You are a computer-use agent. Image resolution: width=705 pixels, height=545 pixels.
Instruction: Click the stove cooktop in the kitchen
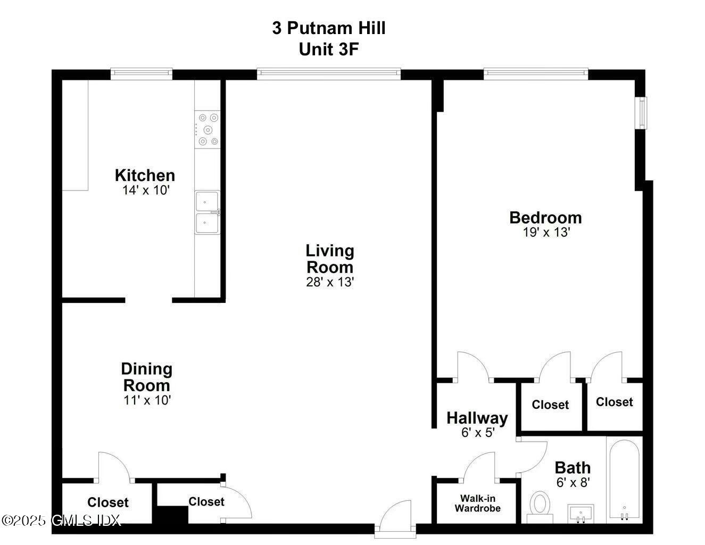(207, 129)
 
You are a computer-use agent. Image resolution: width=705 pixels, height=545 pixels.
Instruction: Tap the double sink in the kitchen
(207, 212)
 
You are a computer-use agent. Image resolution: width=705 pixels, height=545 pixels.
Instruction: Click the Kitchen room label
(145, 175)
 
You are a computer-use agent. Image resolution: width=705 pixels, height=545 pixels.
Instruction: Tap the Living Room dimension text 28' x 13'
(330, 282)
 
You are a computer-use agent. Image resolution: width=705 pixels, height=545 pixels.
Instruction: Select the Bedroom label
(545, 218)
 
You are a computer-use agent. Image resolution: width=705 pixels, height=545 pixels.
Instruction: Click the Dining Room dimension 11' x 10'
(147, 400)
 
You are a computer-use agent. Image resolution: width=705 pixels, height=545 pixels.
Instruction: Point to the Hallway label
(477, 418)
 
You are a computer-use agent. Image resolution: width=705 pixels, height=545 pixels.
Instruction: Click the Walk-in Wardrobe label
(477, 503)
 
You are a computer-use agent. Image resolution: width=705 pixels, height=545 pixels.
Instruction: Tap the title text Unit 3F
(328, 49)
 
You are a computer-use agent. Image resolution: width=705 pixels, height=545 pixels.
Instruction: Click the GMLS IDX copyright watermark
(61, 520)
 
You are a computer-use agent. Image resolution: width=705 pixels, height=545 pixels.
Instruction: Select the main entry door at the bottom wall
(396, 516)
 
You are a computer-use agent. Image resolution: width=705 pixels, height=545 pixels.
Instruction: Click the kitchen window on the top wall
(142, 74)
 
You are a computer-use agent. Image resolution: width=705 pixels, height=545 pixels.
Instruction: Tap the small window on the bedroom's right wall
(643, 113)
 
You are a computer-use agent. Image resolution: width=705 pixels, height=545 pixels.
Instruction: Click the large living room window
(328, 74)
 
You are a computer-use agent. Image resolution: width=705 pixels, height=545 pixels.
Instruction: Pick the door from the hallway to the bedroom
(473, 367)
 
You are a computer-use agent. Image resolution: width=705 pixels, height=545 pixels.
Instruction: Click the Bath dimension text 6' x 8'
(573, 482)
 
